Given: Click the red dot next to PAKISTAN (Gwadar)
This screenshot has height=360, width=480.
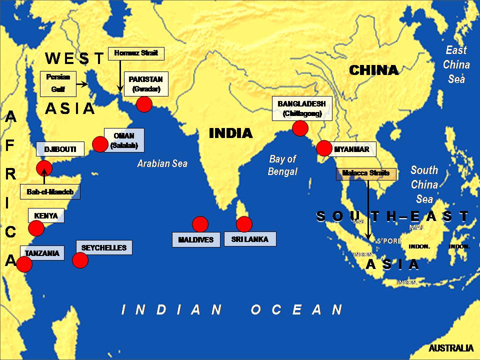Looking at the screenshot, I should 144,104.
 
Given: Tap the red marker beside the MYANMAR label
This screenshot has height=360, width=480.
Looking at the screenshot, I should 324,148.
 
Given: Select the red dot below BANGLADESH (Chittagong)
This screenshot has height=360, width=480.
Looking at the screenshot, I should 299,128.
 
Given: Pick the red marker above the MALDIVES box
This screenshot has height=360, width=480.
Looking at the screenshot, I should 200,224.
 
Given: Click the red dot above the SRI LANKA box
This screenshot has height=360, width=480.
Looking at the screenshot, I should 244,224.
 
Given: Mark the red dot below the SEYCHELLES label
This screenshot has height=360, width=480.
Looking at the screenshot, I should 80,260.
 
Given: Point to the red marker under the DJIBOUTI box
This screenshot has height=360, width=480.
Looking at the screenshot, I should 44,168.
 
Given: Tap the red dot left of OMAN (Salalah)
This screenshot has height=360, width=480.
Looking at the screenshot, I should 100,144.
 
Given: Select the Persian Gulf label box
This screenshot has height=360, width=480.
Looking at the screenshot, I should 58,83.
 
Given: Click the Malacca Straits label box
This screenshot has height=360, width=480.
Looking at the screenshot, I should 366,174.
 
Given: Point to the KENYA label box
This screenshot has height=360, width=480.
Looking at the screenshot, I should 46,216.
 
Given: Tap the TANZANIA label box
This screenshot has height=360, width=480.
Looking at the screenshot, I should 42,253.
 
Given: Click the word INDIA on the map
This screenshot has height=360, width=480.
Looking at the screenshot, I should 230,133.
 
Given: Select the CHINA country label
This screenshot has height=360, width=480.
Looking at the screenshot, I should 373,70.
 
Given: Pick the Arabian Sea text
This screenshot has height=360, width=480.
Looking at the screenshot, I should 162,163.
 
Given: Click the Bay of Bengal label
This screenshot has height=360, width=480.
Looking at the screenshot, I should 283,165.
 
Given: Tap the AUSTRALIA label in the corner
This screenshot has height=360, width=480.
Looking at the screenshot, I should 451,348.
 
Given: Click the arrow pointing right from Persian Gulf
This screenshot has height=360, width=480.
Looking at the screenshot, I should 82,84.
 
